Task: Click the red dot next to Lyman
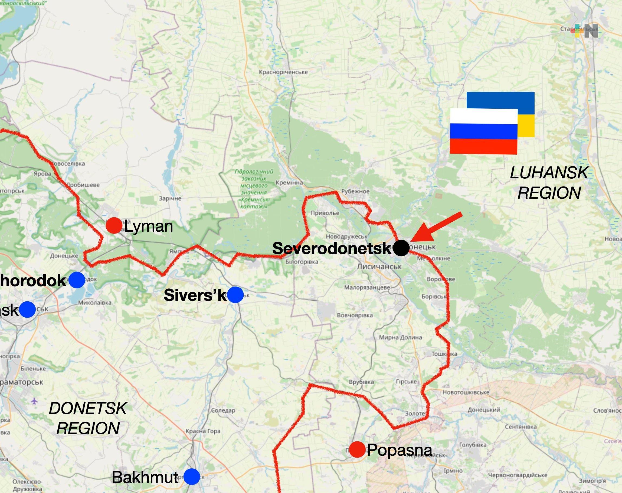[x=114, y=226]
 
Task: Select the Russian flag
[x=484, y=131]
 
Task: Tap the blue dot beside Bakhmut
[x=192, y=476]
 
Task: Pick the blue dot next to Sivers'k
[x=235, y=294]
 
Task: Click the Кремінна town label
[x=289, y=183]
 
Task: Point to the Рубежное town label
[x=355, y=191]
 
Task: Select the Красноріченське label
[x=283, y=72]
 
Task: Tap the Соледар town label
[x=223, y=410]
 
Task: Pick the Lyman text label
[x=148, y=226]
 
